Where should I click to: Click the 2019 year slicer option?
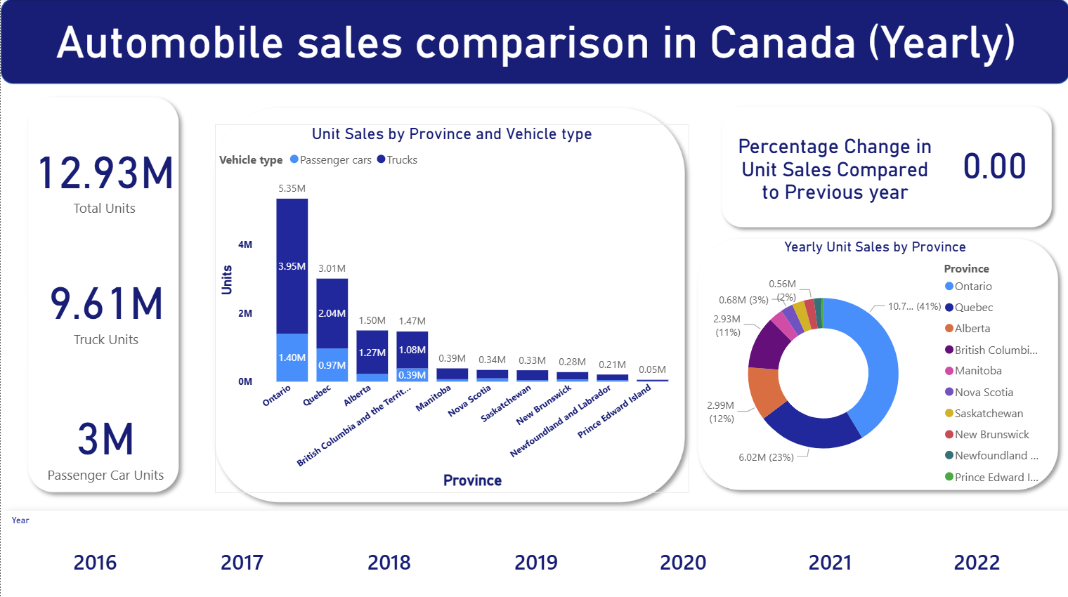tap(535, 563)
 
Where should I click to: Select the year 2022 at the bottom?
tap(976, 563)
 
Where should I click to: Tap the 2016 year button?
tap(95, 563)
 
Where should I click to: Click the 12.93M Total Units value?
tap(105, 173)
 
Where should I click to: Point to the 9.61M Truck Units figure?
tap(106, 304)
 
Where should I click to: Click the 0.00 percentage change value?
tap(994, 167)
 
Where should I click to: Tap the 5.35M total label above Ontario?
tap(292, 188)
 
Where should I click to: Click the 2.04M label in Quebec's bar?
tap(332, 313)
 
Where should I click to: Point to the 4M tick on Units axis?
tap(245, 244)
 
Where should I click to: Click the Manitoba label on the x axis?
tap(434, 398)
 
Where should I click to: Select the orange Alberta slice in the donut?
tap(764, 390)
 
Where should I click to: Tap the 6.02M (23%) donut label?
tap(766, 457)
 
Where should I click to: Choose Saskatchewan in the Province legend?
tap(988, 414)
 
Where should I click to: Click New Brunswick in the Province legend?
tap(991, 435)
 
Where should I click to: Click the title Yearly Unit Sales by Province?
tap(875, 247)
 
